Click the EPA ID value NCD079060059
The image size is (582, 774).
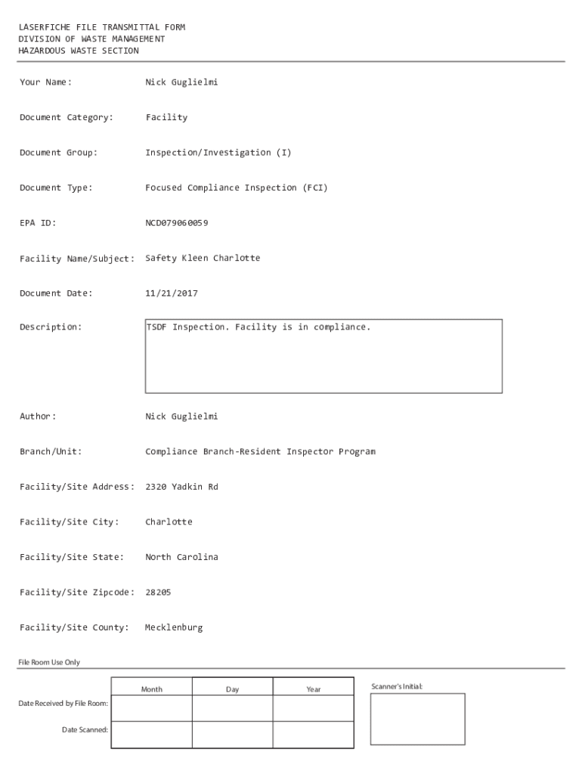(x=176, y=223)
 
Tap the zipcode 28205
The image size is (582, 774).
(x=158, y=593)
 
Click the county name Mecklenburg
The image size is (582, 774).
(x=174, y=627)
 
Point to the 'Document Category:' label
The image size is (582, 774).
(x=67, y=117)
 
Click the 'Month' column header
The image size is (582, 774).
(x=151, y=689)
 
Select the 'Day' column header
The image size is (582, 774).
(x=232, y=689)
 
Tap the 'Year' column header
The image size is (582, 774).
(x=313, y=689)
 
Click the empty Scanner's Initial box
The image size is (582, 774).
(x=417, y=719)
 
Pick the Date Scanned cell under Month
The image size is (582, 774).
(x=151, y=735)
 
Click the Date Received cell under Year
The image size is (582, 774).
(x=313, y=708)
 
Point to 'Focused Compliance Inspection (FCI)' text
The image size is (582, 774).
(x=237, y=187)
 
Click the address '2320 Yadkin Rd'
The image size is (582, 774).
(x=181, y=487)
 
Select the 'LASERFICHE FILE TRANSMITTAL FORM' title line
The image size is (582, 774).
(x=102, y=27)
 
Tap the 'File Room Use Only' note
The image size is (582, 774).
(x=49, y=662)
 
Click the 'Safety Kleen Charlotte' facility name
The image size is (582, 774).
(x=203, y=258)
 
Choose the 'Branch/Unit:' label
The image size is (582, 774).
(x=51, y=451)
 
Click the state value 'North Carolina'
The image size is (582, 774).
(x=181, y=557)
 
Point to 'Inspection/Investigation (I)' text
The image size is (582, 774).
(x=218, y=153)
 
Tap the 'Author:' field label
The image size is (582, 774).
(x=38, y=416)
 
